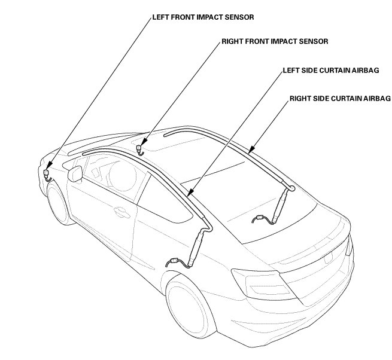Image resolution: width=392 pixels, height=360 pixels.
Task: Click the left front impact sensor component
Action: tap(46, 173)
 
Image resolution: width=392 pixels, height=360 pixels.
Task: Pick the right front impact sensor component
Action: tap(139, 148)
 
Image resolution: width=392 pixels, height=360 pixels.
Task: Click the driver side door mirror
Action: tap(76, 174)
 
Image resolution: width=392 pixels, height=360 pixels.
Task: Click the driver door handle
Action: tap(120, 211)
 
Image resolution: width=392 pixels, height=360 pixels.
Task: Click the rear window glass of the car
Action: tap(263, 209)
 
